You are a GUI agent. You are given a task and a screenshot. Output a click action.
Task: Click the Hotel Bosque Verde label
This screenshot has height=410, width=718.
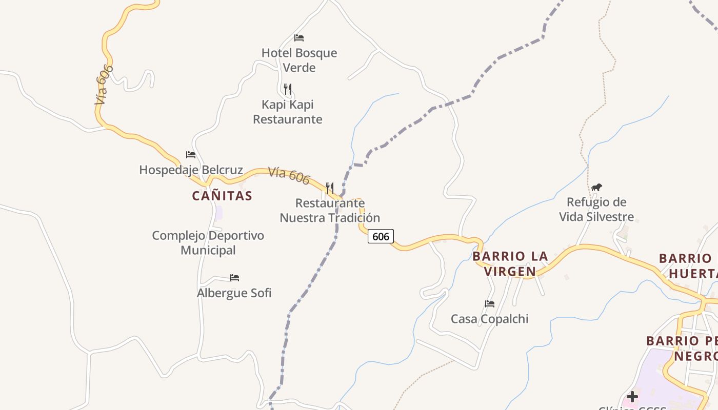pos(299,60)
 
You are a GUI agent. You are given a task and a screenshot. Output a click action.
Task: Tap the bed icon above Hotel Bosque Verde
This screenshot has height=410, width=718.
pos(299,38)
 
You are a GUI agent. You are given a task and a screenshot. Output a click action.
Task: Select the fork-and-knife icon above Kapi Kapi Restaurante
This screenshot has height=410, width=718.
pos(288,89)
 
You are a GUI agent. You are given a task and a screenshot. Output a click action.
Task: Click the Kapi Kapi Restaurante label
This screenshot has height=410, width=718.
pos(288,112)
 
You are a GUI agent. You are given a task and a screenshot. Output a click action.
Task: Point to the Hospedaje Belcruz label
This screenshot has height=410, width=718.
pos(191,170)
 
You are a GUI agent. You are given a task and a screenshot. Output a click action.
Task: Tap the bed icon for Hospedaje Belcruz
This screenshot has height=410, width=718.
pos(191,155)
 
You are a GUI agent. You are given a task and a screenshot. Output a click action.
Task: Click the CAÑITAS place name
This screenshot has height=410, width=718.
pos(222,196)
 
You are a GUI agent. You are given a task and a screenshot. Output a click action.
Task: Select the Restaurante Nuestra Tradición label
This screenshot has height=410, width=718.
pos(330,210)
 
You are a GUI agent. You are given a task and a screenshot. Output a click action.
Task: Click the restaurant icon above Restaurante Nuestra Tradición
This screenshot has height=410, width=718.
pos(330,188)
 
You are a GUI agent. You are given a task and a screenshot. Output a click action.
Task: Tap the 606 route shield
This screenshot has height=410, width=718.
pos(381,236)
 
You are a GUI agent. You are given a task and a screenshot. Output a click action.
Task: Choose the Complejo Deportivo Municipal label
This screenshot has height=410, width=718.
pos(208,243)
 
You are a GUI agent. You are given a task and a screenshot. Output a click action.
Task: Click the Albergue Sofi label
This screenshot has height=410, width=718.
pos(234,293)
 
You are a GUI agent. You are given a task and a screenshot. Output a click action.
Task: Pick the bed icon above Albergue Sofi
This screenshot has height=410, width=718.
pos(234,278)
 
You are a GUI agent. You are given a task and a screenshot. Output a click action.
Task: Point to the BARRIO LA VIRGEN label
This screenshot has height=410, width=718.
pos(510,263)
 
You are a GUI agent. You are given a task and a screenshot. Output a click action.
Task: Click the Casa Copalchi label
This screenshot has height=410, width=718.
pos(489,319)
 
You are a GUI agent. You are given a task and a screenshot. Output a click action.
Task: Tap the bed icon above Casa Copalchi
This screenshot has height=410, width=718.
pos(490,304)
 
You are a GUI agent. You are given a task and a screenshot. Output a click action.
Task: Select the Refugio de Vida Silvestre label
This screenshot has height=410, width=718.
pos(596,209)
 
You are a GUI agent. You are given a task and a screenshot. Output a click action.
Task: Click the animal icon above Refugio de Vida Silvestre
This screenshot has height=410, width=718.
pos(596,188)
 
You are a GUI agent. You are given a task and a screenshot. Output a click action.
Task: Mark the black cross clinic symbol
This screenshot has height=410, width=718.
pos(632,396)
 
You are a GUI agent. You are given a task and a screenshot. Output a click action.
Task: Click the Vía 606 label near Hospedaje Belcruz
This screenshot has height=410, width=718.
pos(289,175)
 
